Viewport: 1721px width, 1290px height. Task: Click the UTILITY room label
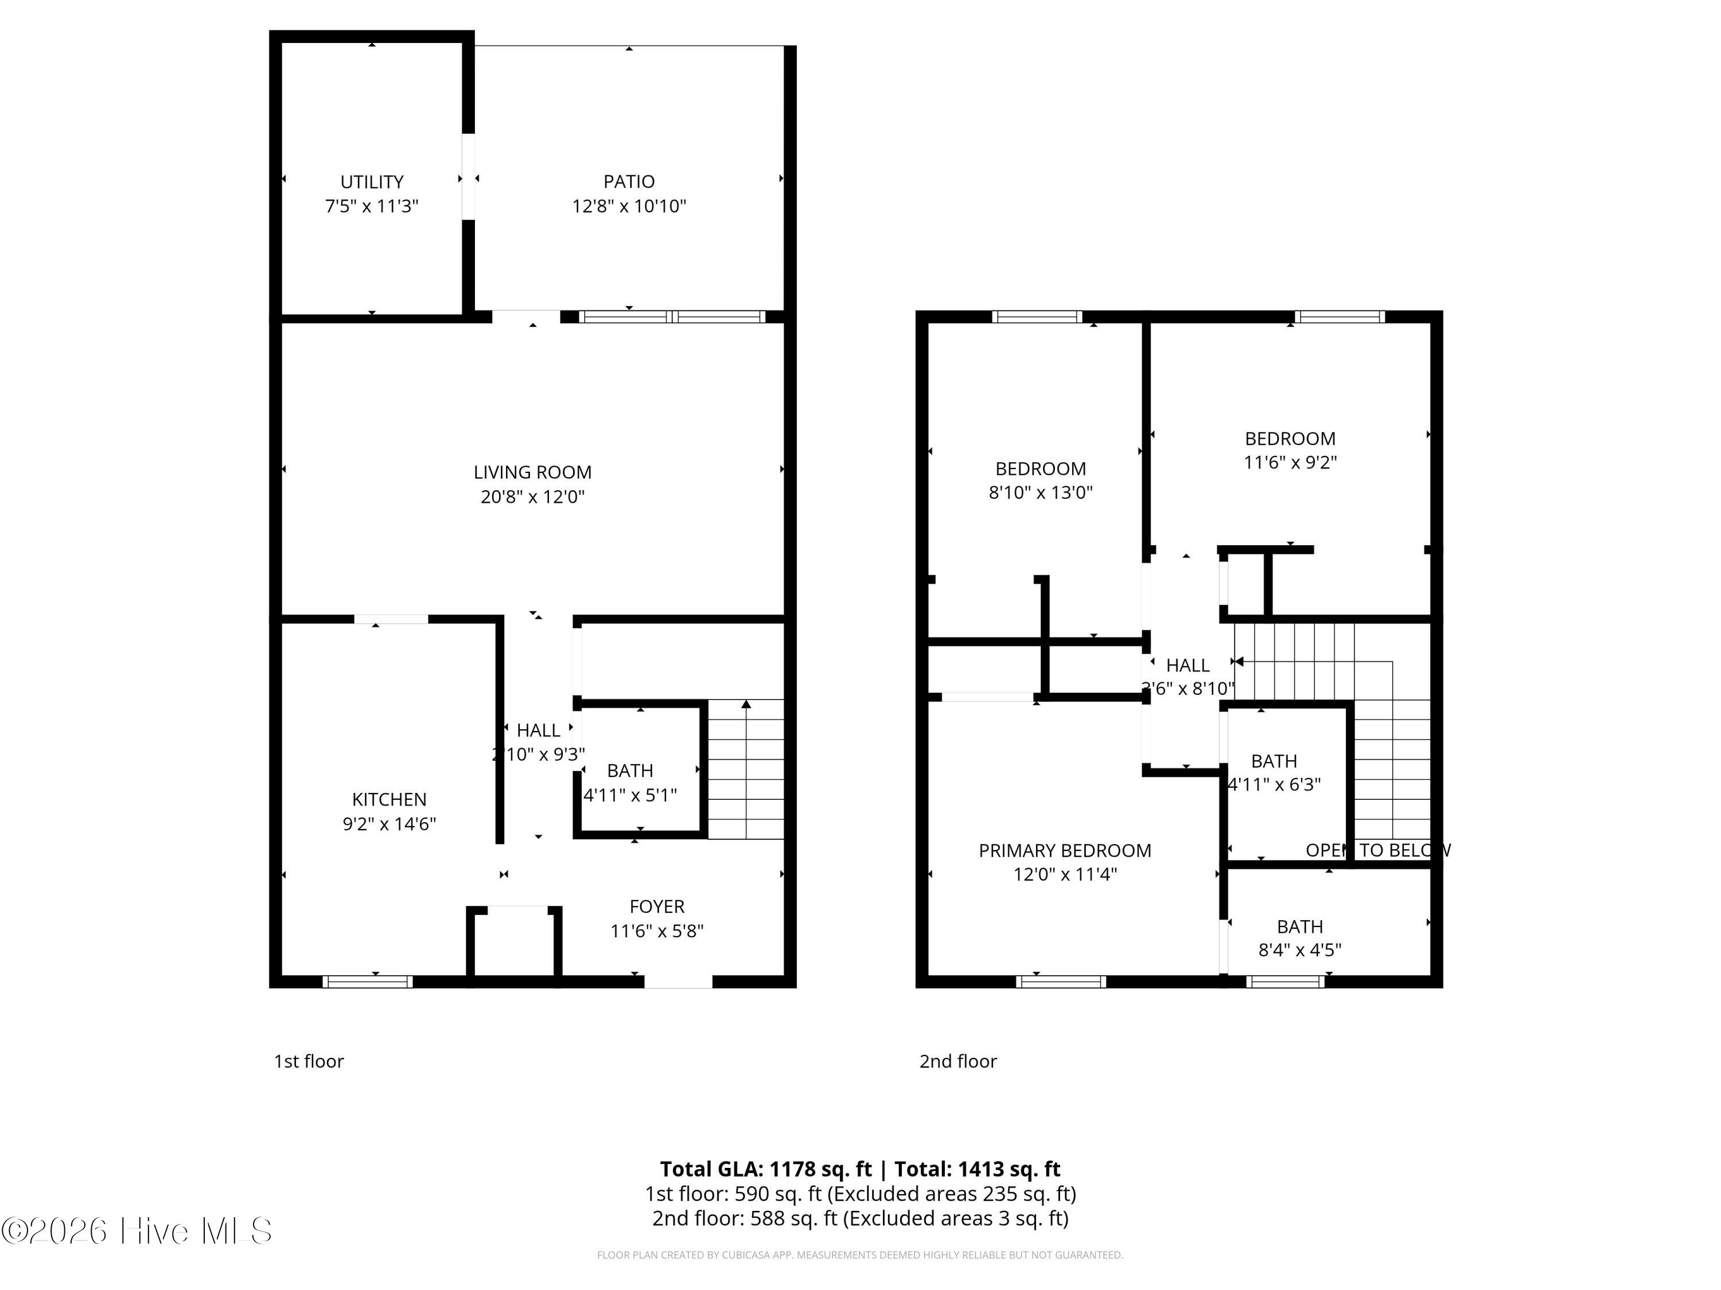(372, 182)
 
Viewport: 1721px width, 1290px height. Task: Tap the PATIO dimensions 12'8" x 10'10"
(629, 206)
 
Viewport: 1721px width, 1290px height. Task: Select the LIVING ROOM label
(533, 472)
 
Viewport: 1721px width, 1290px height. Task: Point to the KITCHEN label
(389, 799)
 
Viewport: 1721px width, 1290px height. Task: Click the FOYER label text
(657, 906)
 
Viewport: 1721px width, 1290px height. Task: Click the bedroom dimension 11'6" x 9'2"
(1290, 462)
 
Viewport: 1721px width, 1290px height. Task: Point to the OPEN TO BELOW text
(1378, 851)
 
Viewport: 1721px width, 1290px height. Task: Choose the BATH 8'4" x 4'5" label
(1300, 938)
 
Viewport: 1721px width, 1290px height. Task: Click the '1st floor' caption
(309, 1061)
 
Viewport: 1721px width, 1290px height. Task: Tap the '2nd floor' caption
(958, 1061)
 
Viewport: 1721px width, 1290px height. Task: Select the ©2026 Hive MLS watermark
(137, 1231)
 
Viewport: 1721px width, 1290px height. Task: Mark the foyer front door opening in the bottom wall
(679, 982)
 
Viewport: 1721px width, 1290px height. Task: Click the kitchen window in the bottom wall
(367, 982)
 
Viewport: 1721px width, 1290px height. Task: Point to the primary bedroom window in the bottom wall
(1061, 982)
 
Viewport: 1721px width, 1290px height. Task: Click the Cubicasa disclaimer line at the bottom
(860, 1255)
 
